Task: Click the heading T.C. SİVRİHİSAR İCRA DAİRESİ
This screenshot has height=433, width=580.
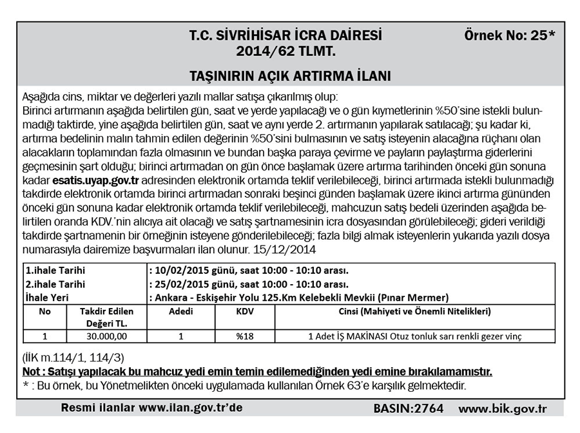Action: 285,35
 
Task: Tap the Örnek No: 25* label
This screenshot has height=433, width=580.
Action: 509,35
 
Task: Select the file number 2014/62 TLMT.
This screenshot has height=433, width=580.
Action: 285,50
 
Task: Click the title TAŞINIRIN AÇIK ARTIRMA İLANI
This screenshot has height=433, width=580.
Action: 290,75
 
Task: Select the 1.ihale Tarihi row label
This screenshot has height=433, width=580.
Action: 55,270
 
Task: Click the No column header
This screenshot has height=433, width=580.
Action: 44,311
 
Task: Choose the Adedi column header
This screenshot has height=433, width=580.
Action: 180,311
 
